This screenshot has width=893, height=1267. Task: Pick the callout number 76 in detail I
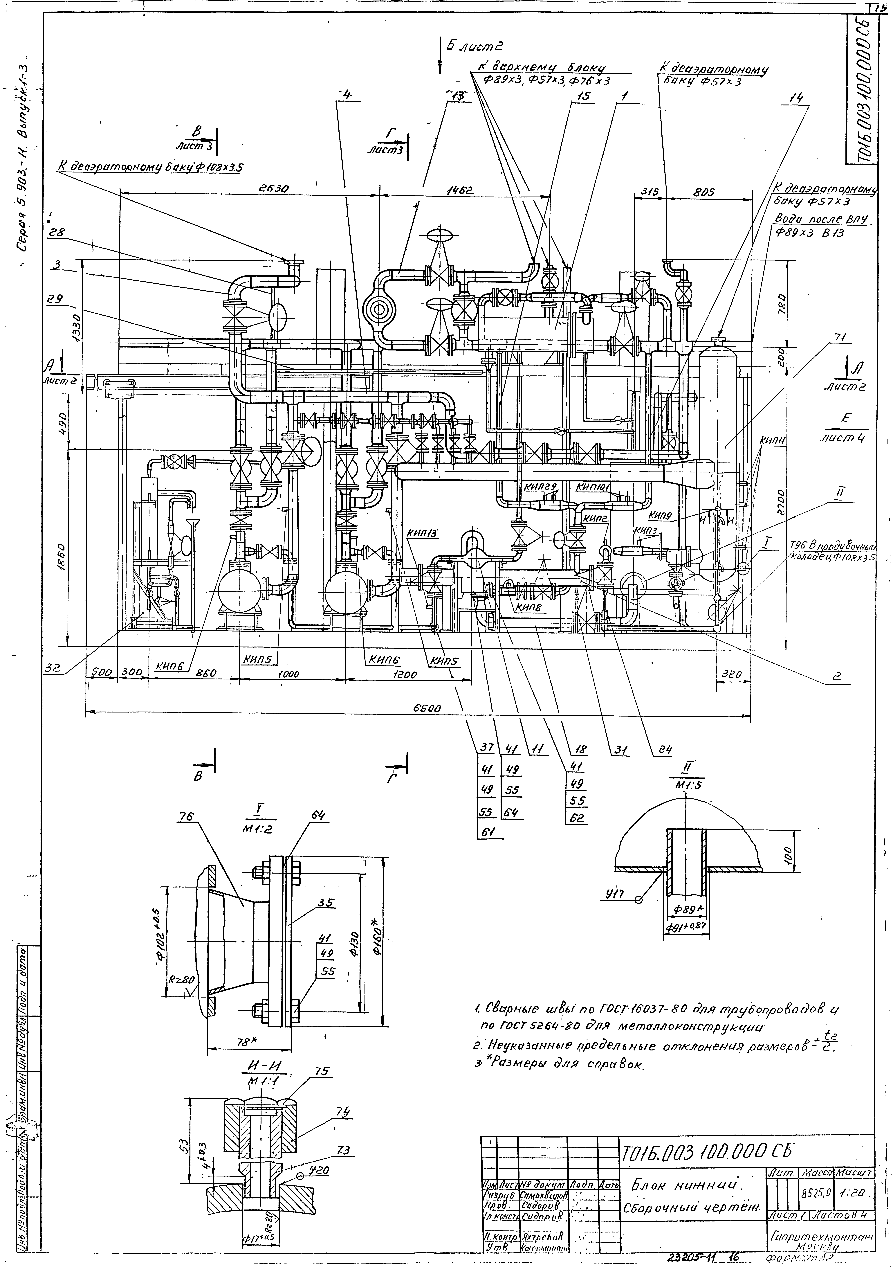point(186,816)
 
